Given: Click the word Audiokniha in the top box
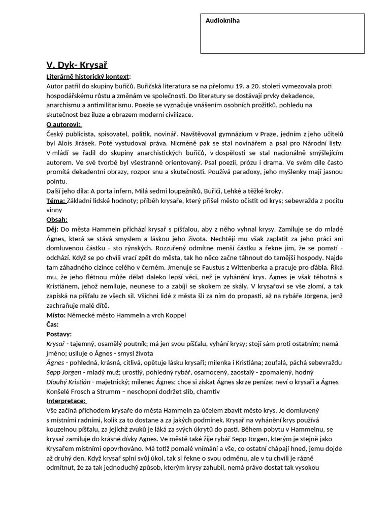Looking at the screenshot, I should pyautogui.click(x=222, y=21).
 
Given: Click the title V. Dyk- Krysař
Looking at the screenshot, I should pyautogui.click(x=77, y=65).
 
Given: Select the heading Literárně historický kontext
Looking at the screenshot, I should pyautogui.click(x=88, y=76).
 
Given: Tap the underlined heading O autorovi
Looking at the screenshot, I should pyautogui.click(x=63, y=124).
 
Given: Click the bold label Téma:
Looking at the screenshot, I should pyautogui.click(x=56, y=201).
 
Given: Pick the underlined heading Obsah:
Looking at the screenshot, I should pyautogui.click(x=57, y=220).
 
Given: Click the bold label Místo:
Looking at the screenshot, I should pyautogui.click(x=56, y=315).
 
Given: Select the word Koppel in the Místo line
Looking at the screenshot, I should pyautogui.click(x=174, y=315).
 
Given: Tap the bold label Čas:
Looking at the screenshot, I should pyautogui.click(x=52, y=324).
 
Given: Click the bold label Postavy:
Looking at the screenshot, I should pyautogui.click(x=59, y=334).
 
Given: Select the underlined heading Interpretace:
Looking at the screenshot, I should pyautogui.click(x=67, y=401).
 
